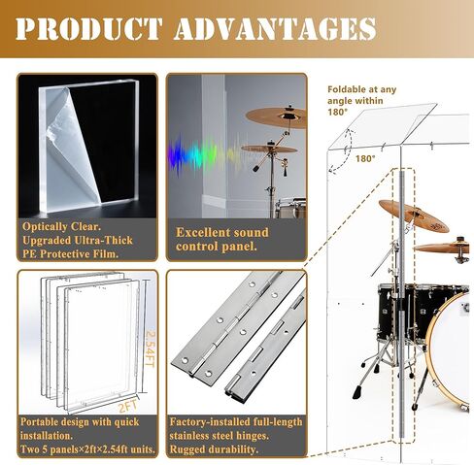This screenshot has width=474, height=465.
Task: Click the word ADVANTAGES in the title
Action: click(275, 27)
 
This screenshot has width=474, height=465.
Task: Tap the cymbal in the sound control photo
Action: click(276, 117)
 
